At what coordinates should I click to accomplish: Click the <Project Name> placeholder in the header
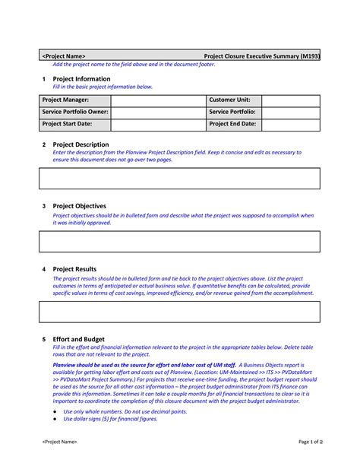[63, 56]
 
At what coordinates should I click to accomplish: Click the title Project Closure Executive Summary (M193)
[262, 56]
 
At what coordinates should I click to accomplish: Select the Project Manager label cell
[65, 100]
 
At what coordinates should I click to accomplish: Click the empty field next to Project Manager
[148, 100]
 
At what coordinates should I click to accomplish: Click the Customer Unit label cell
[235, 100]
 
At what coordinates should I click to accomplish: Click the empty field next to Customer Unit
[291, 100]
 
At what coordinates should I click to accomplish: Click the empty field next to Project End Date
[291, 123]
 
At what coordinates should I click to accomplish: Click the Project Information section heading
[81, 79]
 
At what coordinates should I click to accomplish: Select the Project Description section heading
[81, 144]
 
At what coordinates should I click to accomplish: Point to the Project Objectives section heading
[79, 206]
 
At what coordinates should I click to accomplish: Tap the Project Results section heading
[74, 269]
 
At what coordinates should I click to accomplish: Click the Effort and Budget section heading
[78, 339]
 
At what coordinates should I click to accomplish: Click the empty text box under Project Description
[179, 179]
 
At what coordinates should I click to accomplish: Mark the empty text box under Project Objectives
[179, 241]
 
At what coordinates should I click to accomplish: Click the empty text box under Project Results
[179, 312]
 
